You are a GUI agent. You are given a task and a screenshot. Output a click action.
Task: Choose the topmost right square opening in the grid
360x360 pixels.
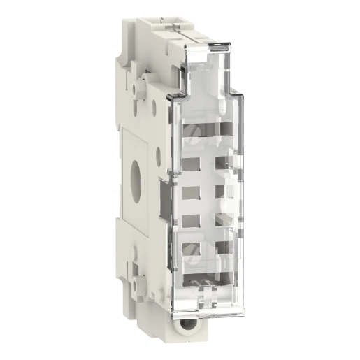pyautogui.click(x=225, y=165)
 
